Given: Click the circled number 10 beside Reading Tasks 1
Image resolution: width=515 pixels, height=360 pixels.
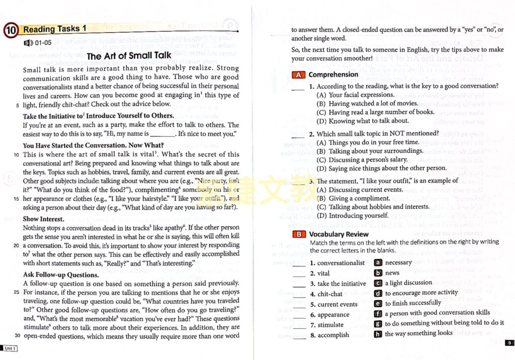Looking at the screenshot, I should pyautogui.click(x=12, y=30).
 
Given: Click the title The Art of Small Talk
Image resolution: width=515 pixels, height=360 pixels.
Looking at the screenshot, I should pyautogui.click(x=129, y=56).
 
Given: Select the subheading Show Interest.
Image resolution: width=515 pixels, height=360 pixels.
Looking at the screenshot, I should pyautogui.click(x=43, y=219).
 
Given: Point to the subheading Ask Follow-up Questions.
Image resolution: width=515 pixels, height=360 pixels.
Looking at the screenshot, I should pyautogui.click(x=61, y=275).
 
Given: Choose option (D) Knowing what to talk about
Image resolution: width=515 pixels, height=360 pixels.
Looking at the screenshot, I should pyautogui.click(x=362, y=121).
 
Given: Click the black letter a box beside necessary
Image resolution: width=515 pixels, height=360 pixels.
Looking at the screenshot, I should pyautogui.click(x=378, y=262).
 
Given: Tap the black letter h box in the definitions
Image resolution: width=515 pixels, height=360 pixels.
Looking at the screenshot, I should pyautogui.click(x=378, y=333).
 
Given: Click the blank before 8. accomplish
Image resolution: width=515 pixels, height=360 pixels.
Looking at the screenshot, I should pyautogui.click(x=299, y=336).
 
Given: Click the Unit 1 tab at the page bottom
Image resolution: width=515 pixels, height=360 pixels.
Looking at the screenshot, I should pyautogui.click(x=9, y=348).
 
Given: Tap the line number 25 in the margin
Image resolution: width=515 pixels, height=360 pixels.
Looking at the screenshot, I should pyautogui.click(x=17, y=292).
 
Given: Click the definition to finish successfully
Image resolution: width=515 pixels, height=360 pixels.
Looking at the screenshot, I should pyautogui.click(x=413, y=303).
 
